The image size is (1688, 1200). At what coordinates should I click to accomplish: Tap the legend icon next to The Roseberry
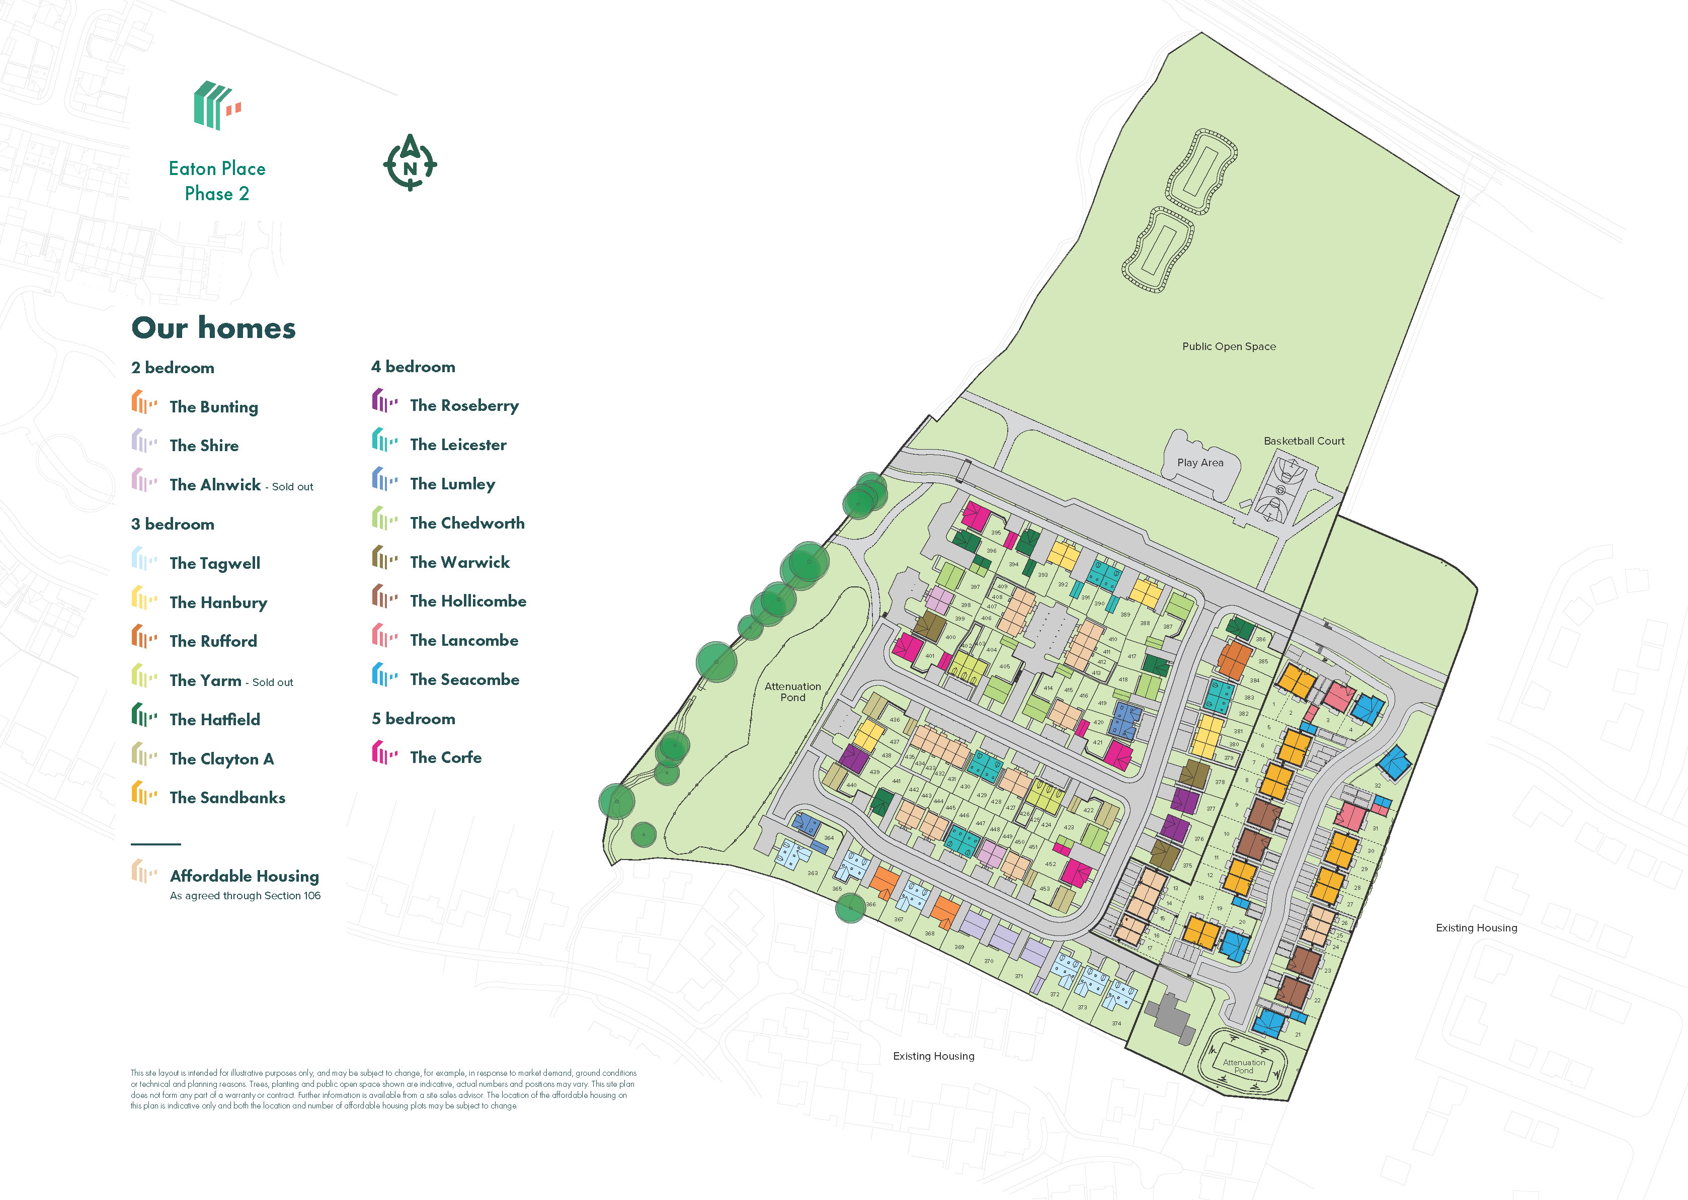tap(383, 401)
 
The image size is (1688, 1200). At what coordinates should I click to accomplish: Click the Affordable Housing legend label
tap(244, 876)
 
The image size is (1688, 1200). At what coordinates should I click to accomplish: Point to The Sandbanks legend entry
tap(227, 797)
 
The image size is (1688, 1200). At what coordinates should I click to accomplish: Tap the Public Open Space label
tap(1228, 346)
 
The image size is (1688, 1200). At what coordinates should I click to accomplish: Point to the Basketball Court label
tap(1304, 441)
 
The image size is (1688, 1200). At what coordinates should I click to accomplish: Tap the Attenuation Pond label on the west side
tap(792, 692)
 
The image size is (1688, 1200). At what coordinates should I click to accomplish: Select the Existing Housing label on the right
tap(1476, 927)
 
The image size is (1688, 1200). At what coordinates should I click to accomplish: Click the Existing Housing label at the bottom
tap(933, 1056)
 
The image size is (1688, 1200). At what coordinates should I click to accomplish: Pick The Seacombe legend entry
tap(464, 679)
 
